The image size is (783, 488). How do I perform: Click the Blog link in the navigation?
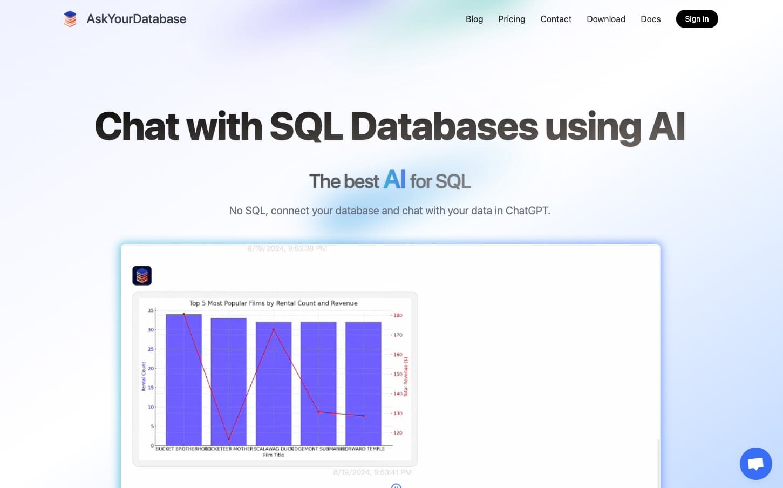(x=474, y=19)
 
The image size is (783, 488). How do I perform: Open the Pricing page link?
(x=512, y=19)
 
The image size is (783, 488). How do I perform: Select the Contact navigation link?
(x=556, y=19)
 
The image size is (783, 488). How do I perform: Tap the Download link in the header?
(x=606, y=19)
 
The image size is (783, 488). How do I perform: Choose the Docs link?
(x=650, y=19)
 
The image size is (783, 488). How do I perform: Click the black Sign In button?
(x=697, y=19)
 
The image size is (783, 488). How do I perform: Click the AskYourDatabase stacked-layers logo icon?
(x=70, y=19)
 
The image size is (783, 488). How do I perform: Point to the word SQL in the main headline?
(x=306, y=126)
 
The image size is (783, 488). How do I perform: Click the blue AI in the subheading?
(x=394, y=179)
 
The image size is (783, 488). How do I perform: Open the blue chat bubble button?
(x=755, y=463)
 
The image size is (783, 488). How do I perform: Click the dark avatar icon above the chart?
(x=142, y=275)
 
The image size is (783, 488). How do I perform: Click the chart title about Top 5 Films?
(x=273, y=303)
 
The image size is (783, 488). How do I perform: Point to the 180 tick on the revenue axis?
(x=398, y=315)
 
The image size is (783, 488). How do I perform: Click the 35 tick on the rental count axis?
(x=151, y=310)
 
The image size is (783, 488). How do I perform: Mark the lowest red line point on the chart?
(x=229, y=439)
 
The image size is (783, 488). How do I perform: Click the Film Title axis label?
(x=273, y=455)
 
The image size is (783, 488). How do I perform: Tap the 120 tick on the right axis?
(x=398, y=433)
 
